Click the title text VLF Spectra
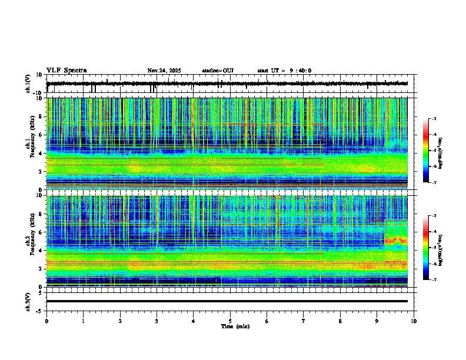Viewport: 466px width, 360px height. (x=66, y=71)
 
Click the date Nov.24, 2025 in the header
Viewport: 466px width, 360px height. (x=164, y=71)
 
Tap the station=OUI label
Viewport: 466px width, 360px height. (x=218, y=71)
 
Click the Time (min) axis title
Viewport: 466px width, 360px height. (x=235, y=326)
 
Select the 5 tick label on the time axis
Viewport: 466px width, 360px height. (x=230, y=321)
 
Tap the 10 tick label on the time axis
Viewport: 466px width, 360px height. (x=414, y=321)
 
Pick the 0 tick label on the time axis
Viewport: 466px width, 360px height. (x=46, y=321)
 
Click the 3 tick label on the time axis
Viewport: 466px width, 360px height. (x=157, y=321)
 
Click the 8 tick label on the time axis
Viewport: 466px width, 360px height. (x=340, y=321)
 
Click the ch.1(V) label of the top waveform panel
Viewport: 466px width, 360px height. (x=28, y=84)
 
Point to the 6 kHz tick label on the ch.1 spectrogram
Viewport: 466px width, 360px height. (x=41, y=135)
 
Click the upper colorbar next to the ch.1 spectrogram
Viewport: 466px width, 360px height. (x=427, y=151)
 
